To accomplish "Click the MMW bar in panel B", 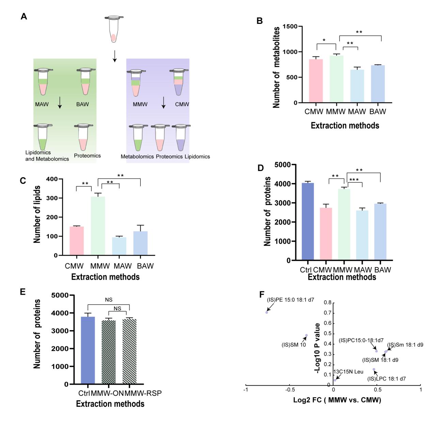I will (336, 79).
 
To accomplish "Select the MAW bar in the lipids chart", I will (119, 246).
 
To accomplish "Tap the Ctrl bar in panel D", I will (307, 221).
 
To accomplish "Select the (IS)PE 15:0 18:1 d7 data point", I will (267, 312).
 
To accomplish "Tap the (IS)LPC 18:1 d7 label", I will (386, 379).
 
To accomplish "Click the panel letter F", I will (262, 294).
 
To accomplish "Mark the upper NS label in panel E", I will (109, 300).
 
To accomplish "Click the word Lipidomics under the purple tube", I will (197, 157).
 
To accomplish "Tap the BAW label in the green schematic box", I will (82, 104).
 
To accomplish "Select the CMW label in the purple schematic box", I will (182, 104).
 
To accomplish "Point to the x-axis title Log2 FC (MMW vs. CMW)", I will (337, 400).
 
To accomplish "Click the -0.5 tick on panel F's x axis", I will (290, 389).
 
